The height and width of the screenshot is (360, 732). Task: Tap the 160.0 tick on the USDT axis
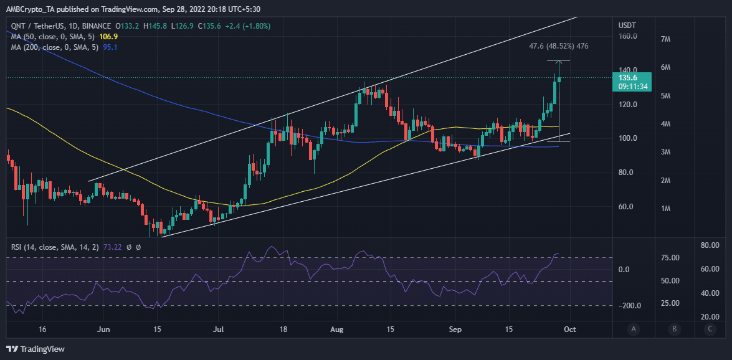pyautogui.click(x=627, y=36)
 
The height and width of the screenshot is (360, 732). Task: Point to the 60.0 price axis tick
pyautogui.click(x=627, y=207)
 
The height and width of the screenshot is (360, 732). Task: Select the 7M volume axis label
pyautogui.click(x=665, y=39)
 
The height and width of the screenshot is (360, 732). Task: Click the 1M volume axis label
pyautogui.click(x=665, y=209)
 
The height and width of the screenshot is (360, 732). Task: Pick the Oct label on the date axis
pyautogui.click(x=569, y=329)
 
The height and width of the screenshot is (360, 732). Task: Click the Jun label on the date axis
pyautogui.click(x=104, y=329)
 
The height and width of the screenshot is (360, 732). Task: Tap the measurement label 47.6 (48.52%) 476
pyautogui.click(x=558, y=46)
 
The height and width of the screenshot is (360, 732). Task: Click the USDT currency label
pyautogui.click(x=627, y=25)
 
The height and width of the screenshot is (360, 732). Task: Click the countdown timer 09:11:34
pyautogui.click(x=632, y=87)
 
